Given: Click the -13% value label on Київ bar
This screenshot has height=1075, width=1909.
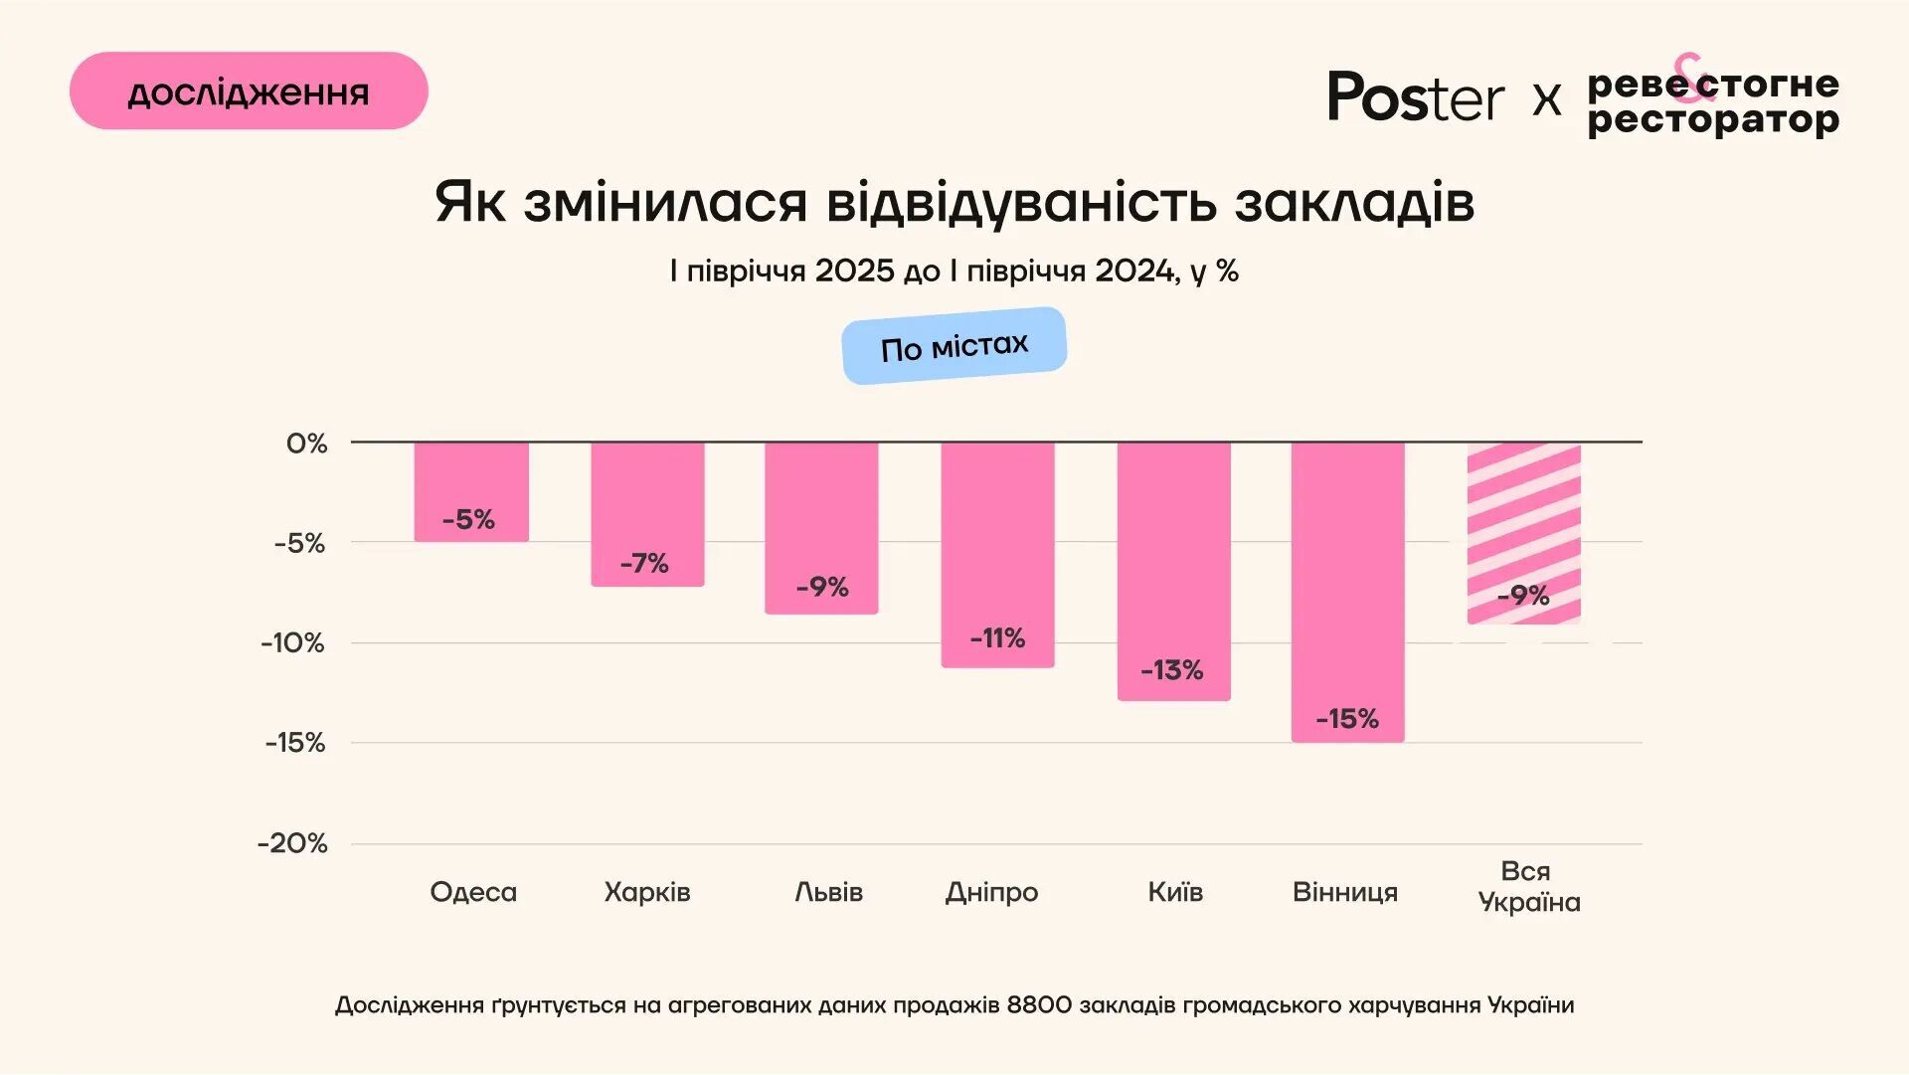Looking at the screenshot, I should pos(1172,670).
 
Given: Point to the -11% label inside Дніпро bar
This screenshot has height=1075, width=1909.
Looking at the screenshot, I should pos(997,638).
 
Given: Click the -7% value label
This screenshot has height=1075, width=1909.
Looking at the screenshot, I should pos(644,564).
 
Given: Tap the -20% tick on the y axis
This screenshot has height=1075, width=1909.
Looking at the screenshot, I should pos(292,844).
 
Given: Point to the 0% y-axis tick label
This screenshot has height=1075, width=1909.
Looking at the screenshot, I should pos(306,444).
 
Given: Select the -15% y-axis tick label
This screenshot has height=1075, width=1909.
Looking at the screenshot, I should pos(295,743).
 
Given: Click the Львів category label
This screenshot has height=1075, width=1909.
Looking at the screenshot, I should pos(828,892).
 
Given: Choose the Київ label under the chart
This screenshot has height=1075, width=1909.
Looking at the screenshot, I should pos(1175,892).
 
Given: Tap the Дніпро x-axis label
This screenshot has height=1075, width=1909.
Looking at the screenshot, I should pos(991,892).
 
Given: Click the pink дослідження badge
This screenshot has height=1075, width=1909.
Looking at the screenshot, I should pos(249,91).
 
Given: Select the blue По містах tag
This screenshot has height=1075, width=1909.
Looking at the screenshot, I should pos(954,346).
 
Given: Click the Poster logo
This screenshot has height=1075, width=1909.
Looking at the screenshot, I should pos(1416,97).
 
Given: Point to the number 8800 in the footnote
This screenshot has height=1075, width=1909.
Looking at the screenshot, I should pos(1039,1005).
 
